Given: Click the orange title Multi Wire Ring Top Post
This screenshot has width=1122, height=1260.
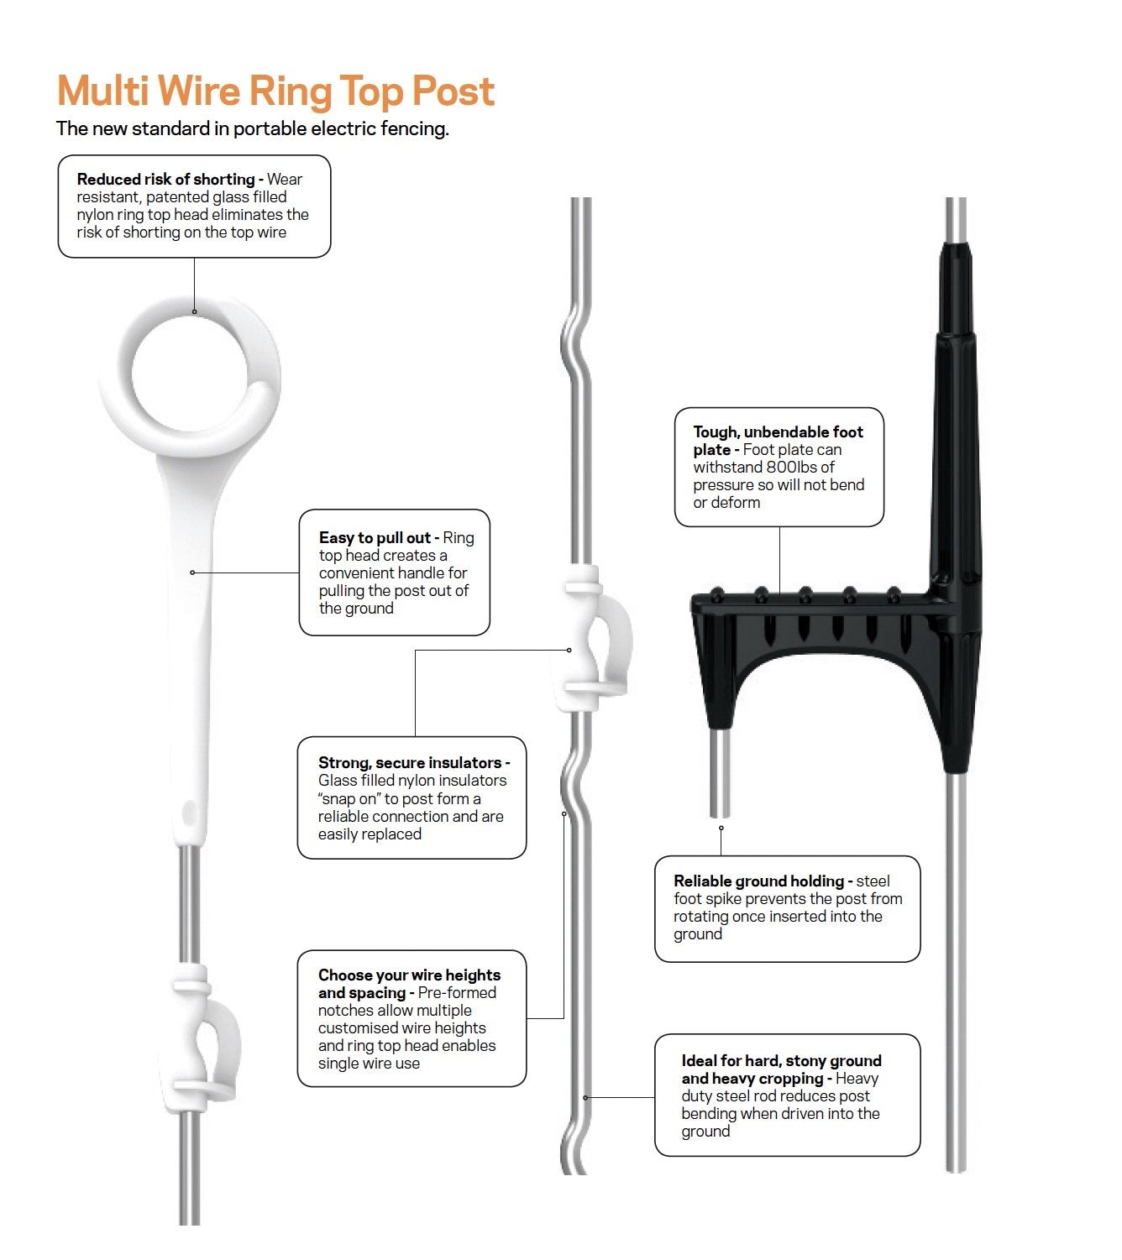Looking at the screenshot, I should (x=275, y=91).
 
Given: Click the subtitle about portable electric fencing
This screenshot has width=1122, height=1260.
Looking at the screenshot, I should (x=252, y=128).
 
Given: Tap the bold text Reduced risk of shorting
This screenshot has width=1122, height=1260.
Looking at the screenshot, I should (x=165, y=179).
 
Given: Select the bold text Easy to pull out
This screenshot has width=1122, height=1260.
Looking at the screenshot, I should (x=375, y=538).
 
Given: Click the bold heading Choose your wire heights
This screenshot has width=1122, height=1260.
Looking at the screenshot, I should (x=409, y=975).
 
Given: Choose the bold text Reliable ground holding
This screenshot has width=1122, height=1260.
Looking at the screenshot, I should (x=758, y=881).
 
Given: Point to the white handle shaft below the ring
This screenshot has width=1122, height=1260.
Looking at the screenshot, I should (x=192, y=604).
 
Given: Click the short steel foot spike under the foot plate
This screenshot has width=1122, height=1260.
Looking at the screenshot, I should (x=720, y=772).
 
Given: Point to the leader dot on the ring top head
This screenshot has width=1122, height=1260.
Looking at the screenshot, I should (x=195, y=311).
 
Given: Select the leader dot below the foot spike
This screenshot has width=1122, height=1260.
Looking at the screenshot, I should (x=721, y=829).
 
